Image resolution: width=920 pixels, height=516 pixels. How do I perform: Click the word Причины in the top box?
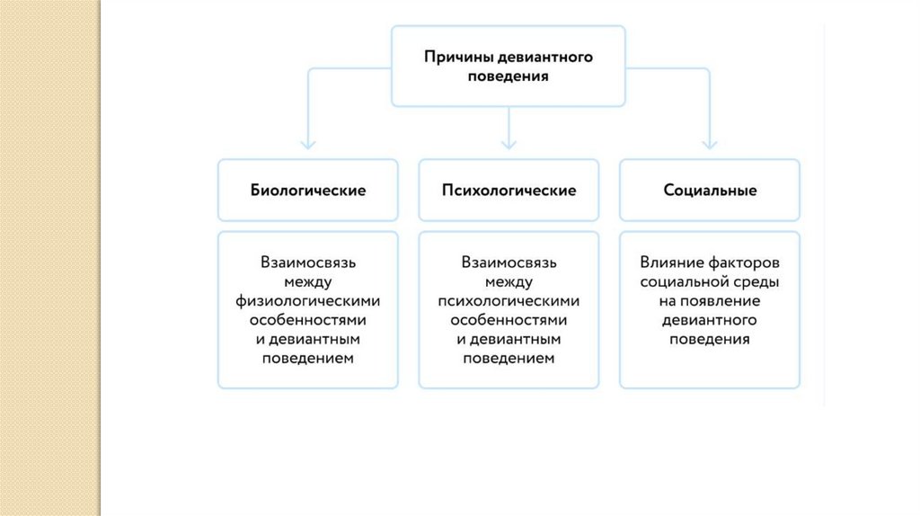coord(454,58)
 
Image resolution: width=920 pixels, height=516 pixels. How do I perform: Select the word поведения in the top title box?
coord(508,76)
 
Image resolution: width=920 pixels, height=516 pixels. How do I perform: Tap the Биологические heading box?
coord(307,191)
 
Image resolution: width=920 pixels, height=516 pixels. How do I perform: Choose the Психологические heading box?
coord(509,191)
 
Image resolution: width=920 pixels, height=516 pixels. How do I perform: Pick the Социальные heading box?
coord(710,191)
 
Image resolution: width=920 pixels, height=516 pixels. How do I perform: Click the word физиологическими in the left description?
coord(307,301)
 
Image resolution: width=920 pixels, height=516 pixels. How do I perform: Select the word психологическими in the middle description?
coord(509,301)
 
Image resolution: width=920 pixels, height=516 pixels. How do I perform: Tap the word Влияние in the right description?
coord(670,263)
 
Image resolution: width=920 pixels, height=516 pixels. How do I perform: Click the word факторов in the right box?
coord(742,263)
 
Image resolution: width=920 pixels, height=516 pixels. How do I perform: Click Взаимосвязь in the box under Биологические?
coord(307,263)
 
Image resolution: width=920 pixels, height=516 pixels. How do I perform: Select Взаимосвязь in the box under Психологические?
coord(509,263)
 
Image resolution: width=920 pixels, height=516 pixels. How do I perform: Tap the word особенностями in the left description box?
coord(307,320)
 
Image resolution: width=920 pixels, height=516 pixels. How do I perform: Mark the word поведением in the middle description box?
coord(509,358)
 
